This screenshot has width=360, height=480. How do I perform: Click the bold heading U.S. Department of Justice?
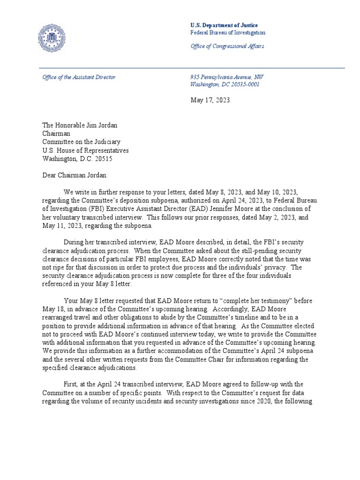(224, 25)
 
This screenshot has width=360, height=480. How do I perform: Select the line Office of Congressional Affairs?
(227, 46)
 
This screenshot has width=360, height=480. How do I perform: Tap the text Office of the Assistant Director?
(79, 77)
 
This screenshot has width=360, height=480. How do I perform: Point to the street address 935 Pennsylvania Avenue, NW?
(230, 77)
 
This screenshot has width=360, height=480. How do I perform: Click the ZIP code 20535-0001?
(243, 84)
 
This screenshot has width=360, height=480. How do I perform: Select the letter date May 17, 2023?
(210, 100)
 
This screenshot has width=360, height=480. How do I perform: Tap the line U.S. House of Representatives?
(85, 150)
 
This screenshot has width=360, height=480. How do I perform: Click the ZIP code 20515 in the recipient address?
(103, 158)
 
